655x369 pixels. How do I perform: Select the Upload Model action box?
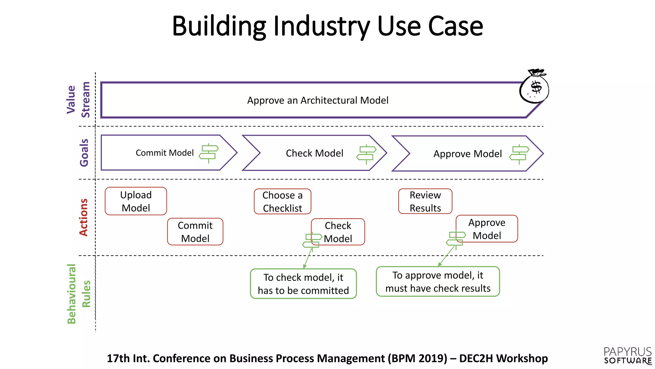click(136, 201)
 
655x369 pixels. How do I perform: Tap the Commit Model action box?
click(195, 232)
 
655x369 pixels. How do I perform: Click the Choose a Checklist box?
click(282, 201)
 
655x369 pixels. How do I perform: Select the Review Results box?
click(425, 201)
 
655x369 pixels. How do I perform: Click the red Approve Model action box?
click(487, 229)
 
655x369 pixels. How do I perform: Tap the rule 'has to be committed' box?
click(303, 284)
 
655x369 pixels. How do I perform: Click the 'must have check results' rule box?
click(438, 282)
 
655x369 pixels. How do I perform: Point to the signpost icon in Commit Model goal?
click(209, 153)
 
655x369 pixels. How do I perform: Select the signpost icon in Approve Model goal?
click(519, 154)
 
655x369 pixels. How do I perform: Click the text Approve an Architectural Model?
click(318, 101)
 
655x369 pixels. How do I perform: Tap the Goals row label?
click(84, 152)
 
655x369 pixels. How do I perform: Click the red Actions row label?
click(83, 217)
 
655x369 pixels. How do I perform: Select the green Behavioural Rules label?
click(78, 294)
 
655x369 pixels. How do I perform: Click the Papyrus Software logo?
click(627, 356)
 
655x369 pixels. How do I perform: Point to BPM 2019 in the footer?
click(417, 358)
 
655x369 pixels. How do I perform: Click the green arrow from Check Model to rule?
click(308, 258)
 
